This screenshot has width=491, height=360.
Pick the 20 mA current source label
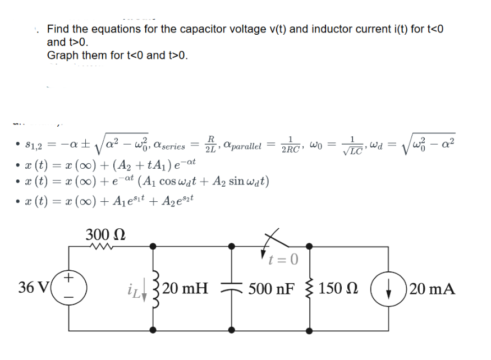pyautogui.click(x=432, y=289)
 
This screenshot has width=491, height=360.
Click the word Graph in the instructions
pyautogui.click(x=63, y=55)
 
